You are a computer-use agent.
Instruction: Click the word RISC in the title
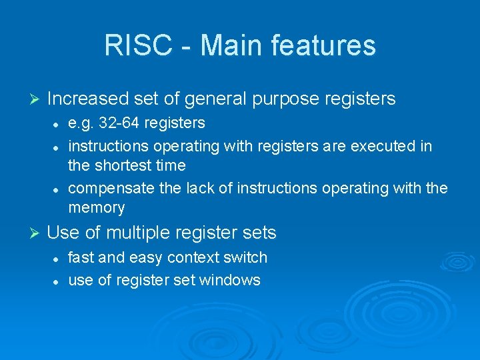[133, 46]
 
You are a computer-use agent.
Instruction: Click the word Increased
[88, 99]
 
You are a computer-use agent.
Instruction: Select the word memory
[97, 208]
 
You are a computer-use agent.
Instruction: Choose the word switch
[246, 257]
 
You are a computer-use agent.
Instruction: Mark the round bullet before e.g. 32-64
[57, 124]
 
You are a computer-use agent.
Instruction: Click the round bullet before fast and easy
[57, 258]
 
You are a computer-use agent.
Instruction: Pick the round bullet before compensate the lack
[57, 189]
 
